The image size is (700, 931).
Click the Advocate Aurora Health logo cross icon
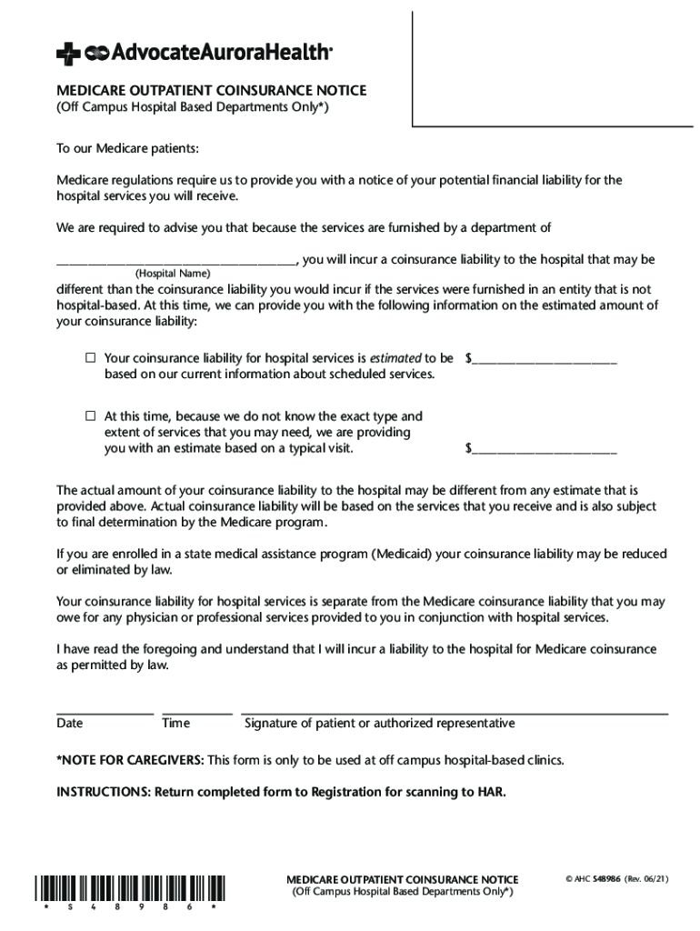click(x=67, y=55)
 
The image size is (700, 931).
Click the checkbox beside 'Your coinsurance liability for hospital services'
click(x=91, y=358)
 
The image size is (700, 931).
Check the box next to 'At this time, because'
click(x=91, y=415)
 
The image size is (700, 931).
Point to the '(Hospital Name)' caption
click(x=173, y=274)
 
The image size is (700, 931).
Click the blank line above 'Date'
click(x=105, y=713)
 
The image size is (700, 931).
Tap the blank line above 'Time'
click(x=197, y=713)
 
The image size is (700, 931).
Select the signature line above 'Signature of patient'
click(x=455, y=713)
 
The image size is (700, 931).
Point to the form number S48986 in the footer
click(x=608, y=880)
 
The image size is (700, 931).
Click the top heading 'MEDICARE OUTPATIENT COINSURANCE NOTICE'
click(x=212, y=91)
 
